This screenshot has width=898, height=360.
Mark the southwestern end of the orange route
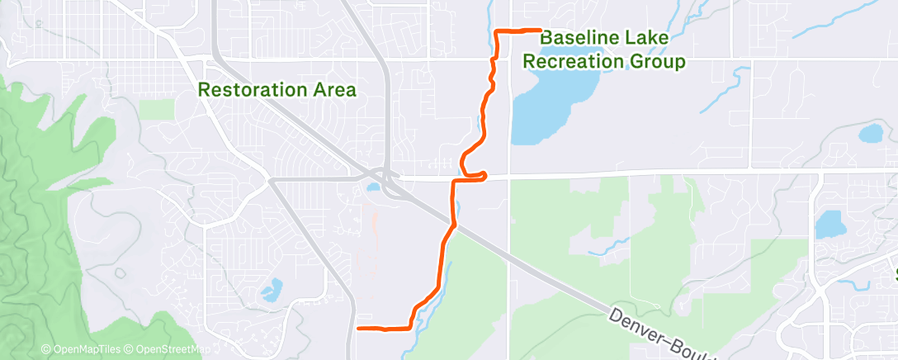tap(357, 328)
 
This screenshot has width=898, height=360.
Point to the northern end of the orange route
tap(539, 31)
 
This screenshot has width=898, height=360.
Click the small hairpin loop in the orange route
tap(477, 173)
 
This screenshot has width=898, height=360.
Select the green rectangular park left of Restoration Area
tap(156, 110)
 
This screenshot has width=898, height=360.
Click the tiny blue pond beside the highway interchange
tap(373, 187)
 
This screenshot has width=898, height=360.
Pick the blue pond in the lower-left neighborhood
tap(271, 289)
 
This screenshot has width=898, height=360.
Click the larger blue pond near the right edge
tap(830, 224)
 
